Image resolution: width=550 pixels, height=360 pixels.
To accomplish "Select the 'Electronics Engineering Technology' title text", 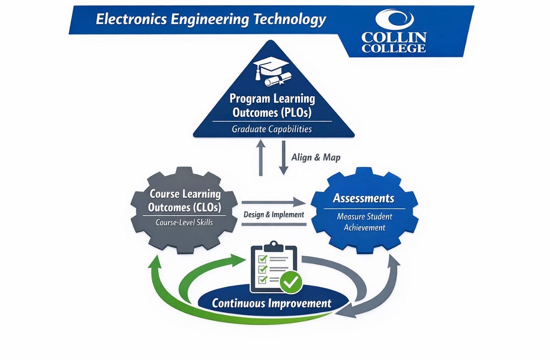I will (x=211, y=20).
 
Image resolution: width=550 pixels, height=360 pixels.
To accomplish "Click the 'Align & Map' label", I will (x=316, y=157).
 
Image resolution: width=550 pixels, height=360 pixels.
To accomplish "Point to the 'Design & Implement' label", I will (x=274, y=214).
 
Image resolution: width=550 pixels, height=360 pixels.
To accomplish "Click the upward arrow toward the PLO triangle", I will (x=260, y=158).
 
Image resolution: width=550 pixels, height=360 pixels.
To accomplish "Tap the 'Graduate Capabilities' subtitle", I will (x=272, y=129).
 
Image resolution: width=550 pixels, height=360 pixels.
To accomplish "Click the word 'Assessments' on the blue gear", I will (x=363, y=198).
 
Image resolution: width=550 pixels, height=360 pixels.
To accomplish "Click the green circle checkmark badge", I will (x=290, y=283).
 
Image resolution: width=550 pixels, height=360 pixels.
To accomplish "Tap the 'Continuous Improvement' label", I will (x=272, y=303).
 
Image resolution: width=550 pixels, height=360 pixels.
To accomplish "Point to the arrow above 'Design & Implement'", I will (x=274, y=202).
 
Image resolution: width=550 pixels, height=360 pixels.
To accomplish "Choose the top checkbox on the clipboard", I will (x=263, y=258).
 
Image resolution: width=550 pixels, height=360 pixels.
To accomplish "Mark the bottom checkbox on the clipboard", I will (x=263, y=279).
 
